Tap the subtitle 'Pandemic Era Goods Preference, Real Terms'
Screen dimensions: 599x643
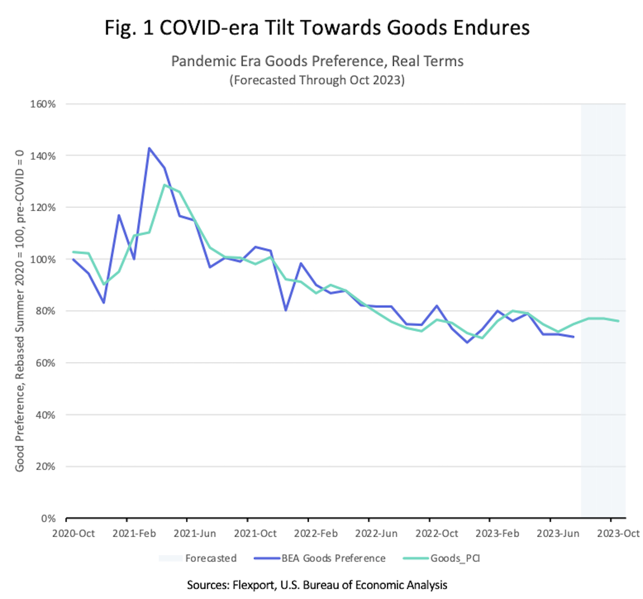(x=317, y=61)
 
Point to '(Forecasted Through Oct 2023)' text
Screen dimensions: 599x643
(x=317, y=80)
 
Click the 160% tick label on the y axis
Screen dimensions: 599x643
(x=43, y=104)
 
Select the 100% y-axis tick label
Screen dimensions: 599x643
(x=43, y=260)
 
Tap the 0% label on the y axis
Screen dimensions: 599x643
(x=48, y=519)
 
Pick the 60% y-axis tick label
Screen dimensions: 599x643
(x=45, y=363)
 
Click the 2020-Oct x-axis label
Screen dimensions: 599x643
(x=74, y=533)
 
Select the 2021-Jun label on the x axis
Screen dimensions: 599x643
(x=195, y=533)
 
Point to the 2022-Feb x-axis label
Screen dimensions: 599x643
(x=316, y=533)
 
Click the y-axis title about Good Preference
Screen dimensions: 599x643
(x=20, y=310)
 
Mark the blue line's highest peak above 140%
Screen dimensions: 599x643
(x=149, y=148)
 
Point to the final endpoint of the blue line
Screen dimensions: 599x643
(x=573, y=337)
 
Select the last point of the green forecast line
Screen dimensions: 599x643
(x=619, y=321)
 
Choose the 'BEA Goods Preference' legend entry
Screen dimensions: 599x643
(x=333, y=558)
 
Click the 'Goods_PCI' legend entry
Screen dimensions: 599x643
(x=455, y=558)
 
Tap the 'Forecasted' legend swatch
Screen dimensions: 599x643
(x=170, y=558)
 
